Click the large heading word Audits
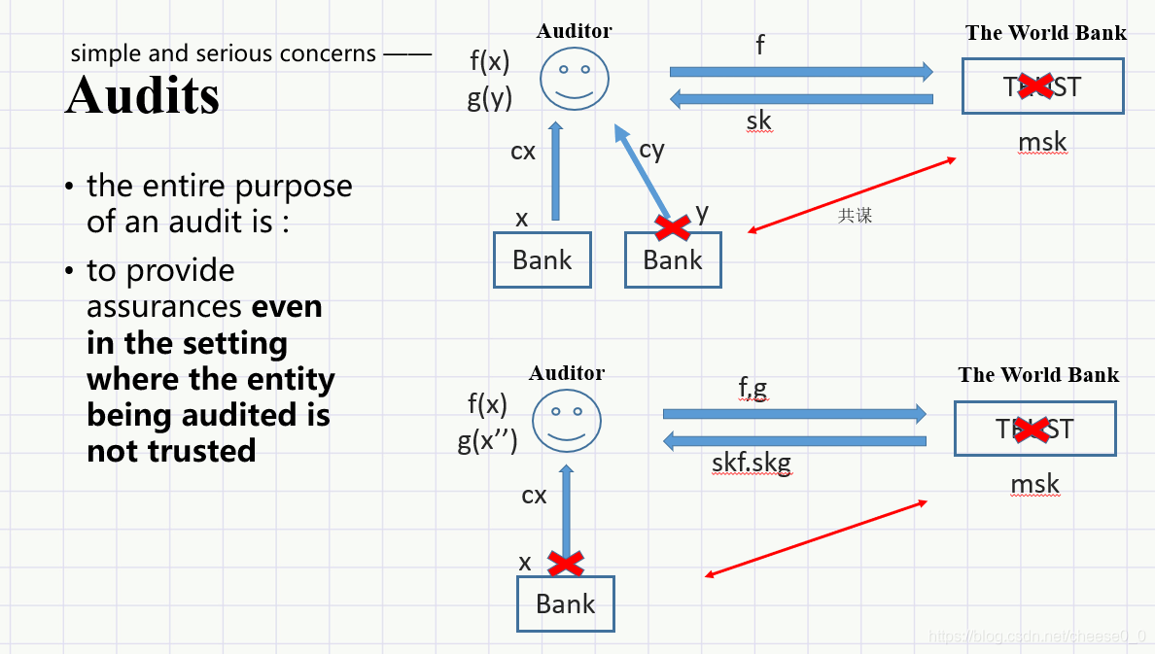(x=142, y=95)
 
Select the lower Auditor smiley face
(x=567, y=421)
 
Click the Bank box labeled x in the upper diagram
(x=542, y=259)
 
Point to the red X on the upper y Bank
(x=673, y=227)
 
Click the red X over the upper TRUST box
(x=1036, y=86)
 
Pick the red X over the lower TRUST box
(x=1032, y=429)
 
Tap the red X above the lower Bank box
(x=565, y=564)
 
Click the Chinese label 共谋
(x=856, y=216)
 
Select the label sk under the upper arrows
(x=758, y=120)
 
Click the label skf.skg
(x=752, y=464)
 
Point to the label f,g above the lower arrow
(x=752, y=389)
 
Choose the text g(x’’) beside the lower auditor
(x=488, y=440)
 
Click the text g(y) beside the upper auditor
(x=489, y=97)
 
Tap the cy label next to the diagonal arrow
(x=651, y=150)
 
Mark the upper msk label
(x=1042, y=143)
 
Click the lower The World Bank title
(x=1038, y=375)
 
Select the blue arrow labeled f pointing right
(x=801, y=72)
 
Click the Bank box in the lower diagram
(x=565, y=603)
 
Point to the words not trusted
(x=171, y=451)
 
